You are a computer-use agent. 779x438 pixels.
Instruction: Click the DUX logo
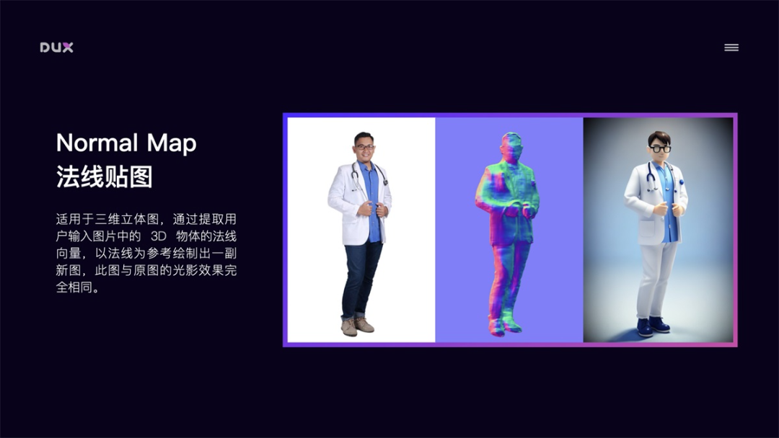tap(56, 48)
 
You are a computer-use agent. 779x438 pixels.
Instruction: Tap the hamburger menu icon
tap(731, 48)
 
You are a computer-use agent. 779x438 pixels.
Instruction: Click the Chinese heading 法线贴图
tap(105, 176)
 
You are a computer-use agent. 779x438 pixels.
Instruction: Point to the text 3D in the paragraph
tap(159, 236)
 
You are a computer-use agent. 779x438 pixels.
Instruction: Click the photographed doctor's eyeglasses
tap(364, 147)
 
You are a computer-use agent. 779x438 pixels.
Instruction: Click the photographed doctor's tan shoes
tap(358, 326)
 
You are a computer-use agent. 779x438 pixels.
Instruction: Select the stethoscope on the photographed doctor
tap(356, 176)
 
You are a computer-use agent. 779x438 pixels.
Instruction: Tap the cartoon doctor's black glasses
tap(659, 149)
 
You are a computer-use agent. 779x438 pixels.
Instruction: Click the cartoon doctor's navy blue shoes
tap(652, 326)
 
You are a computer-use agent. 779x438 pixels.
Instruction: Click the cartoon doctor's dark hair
tap(659, 137)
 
